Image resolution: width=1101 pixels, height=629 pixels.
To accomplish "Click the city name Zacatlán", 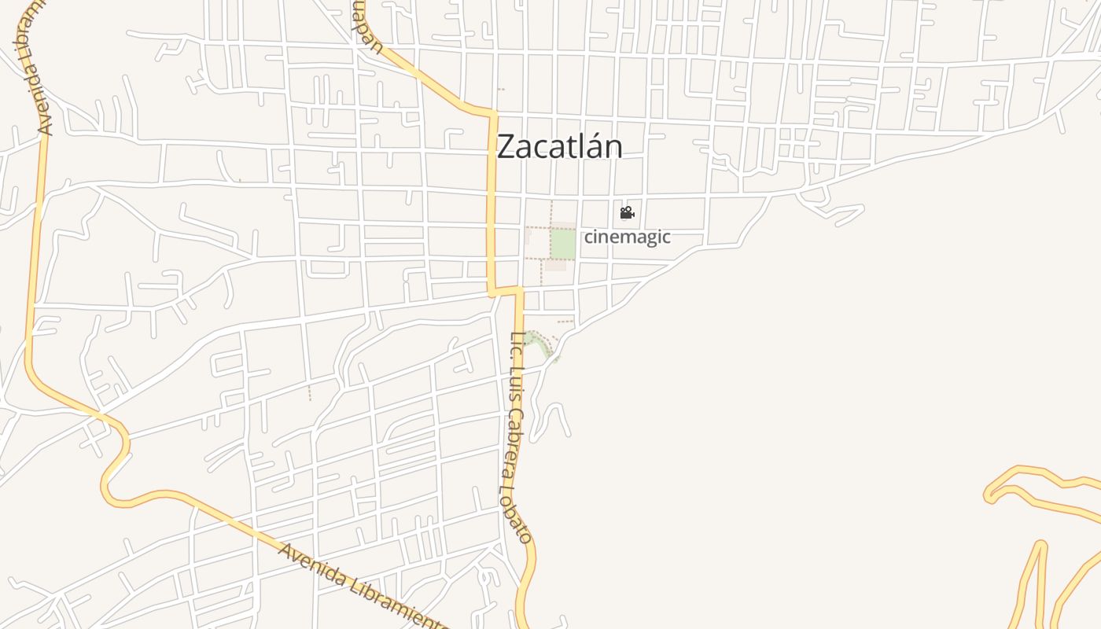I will coord(560,147).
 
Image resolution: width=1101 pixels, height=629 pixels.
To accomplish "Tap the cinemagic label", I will coord(627,237).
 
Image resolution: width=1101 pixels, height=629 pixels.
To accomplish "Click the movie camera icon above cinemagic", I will coord(627,213).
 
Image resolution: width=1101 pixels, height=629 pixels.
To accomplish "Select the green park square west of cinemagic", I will coord(562,244).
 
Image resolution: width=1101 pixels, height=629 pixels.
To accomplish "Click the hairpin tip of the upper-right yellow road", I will coord(989,495).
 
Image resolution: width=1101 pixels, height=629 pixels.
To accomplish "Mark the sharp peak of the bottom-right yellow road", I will coord(1041,544).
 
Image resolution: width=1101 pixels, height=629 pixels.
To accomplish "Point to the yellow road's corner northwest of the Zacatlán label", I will coord(493,116).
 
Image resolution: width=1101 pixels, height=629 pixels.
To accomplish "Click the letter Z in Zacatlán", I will coord(508,147).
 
